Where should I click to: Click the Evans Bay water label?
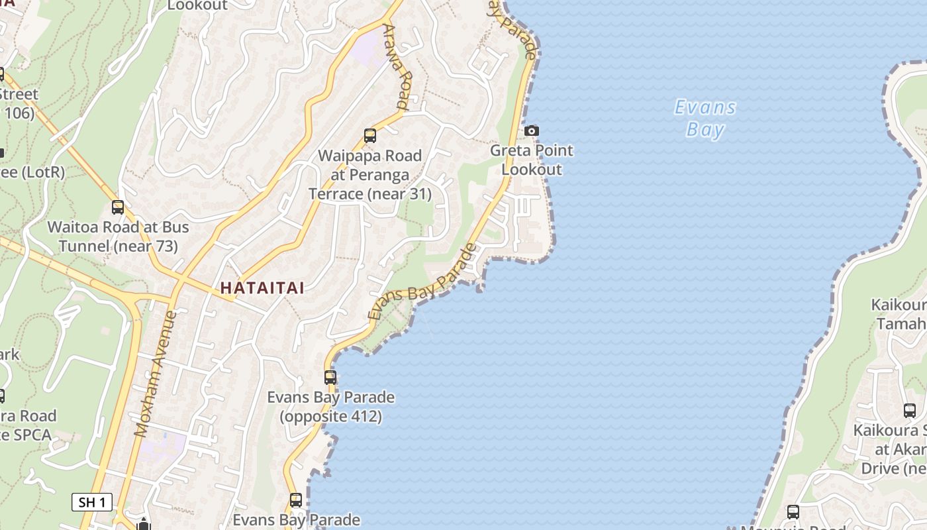[705, 118]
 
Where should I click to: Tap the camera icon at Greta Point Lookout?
[532, 131]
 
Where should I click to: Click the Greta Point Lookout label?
[532, 160]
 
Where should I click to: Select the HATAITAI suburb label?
[262, 288]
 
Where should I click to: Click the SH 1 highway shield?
[92, 502]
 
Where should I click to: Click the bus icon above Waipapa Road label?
[370, 136]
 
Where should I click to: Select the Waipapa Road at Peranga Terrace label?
[370, 175]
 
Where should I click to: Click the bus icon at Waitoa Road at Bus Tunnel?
[118, 207]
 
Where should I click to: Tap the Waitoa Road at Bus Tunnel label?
[118, 237]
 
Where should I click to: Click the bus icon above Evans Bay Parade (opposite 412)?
[330, 378]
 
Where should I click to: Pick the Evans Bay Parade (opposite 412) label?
[330, 407]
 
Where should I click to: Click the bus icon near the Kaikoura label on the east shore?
[910, 411]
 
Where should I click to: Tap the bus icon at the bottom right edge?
[793, 511]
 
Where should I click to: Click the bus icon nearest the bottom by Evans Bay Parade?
[296, 500]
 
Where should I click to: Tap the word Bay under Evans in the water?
[705, 129]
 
